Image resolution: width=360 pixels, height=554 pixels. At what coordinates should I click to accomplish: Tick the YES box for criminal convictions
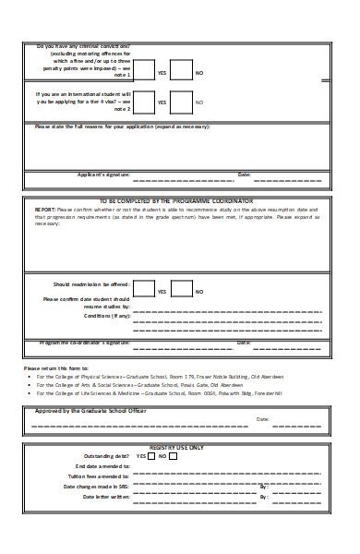(x=144, y=71)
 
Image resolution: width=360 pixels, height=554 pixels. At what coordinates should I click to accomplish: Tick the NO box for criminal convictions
(x=181, y=71)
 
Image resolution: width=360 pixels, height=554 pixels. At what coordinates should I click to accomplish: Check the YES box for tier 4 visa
(x=144, y=102)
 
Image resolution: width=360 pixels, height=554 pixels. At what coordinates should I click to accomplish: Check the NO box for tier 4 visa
(x=181, y=102)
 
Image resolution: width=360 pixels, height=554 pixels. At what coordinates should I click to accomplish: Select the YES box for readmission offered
(x=144, y=290)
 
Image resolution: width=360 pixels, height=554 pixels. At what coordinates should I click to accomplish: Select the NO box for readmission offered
(x=181, y=290)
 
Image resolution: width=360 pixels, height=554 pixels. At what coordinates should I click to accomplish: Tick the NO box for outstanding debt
(x=173, y=456)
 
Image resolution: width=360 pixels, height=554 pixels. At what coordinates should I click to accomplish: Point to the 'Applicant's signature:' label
(x=102, y=174)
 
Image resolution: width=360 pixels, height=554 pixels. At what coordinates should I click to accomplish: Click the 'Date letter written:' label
(x=107, y=496)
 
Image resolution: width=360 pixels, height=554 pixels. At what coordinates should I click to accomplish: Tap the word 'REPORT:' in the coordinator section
(x=45, y=210)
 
